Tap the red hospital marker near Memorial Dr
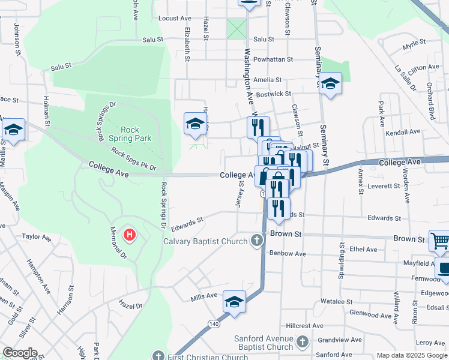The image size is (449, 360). coord(129,235)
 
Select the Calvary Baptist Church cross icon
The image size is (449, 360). coord(257,241)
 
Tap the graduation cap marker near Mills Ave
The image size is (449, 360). coord(234,301)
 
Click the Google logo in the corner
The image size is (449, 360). coord(20,353)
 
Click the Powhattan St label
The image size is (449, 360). coord(274,59)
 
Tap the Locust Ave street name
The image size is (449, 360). coord(175,19)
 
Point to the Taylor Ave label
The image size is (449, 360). coord(37,237)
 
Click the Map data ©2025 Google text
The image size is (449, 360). coord(412,355)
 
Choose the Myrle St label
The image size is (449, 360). coord(414,44)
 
